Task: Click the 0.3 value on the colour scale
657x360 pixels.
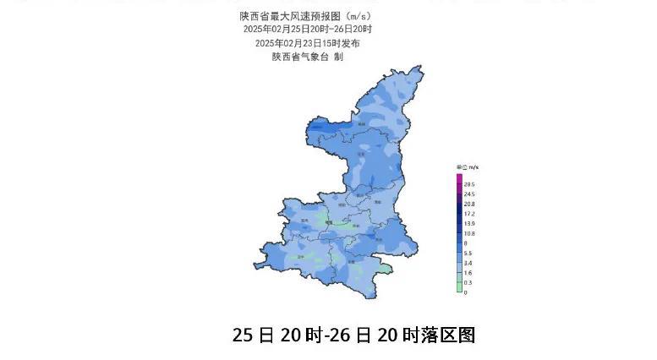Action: coord(467,282)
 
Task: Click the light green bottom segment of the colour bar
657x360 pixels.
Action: coord(459,287)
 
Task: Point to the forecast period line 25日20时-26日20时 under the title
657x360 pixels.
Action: coord(307,29)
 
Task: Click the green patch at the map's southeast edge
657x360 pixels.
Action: coord(385,269)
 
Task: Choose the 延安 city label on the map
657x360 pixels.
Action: coord(361,155)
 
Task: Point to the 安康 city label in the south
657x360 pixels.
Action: coord(350,262)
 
